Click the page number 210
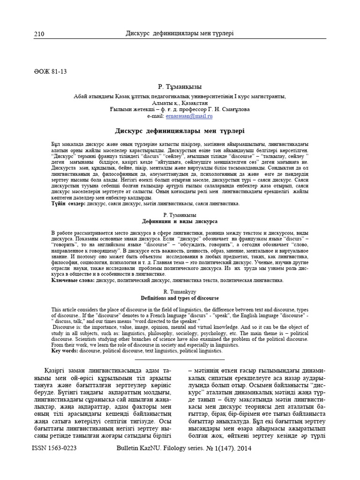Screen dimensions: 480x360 (39, 34)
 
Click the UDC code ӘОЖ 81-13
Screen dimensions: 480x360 (50, 72)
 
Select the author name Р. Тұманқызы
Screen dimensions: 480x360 (180, 87)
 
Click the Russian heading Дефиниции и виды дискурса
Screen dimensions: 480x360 (180, 220)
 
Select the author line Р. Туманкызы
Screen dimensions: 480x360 (180, 214)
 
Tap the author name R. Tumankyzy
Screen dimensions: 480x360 (180, 292)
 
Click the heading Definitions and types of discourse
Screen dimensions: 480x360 (180, 298)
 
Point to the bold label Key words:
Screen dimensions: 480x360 (65, 351)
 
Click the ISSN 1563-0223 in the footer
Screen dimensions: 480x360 (54, 448)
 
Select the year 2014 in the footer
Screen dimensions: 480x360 (244, 448)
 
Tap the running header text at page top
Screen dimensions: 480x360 (180, 34)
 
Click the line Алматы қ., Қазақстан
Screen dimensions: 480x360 (180, 103)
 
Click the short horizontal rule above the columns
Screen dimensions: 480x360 (180, 360)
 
